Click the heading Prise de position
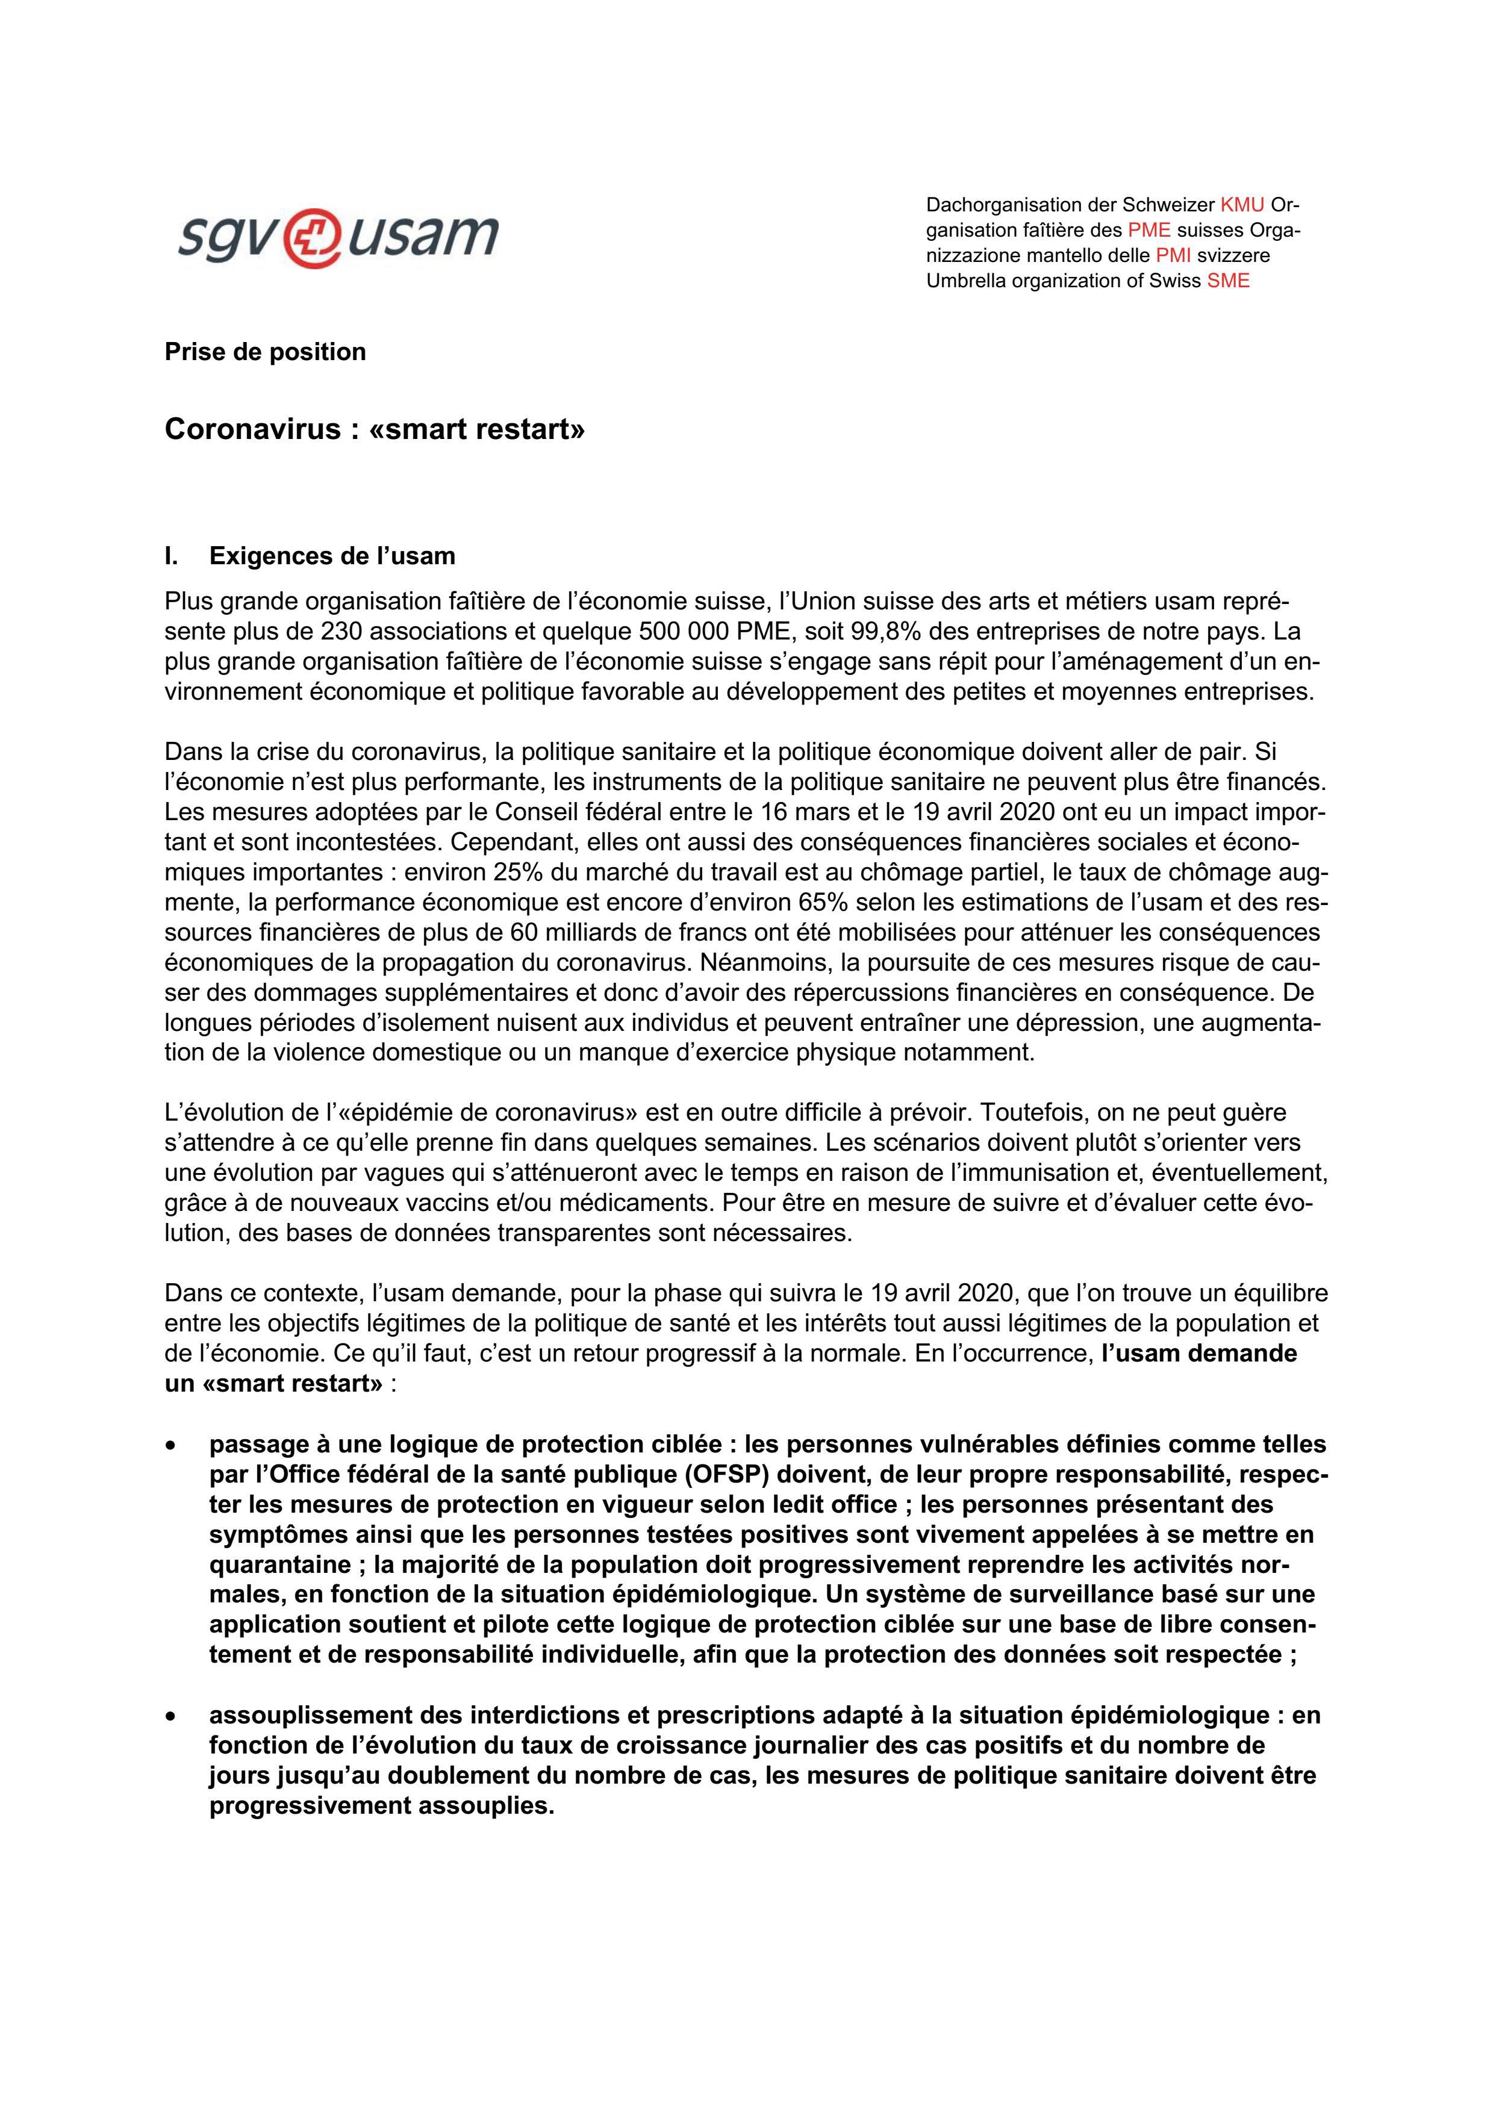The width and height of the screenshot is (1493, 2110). pos(265,352)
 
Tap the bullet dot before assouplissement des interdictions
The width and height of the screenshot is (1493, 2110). pos(170,1716)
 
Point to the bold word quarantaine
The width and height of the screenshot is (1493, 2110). pos(267,1564)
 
